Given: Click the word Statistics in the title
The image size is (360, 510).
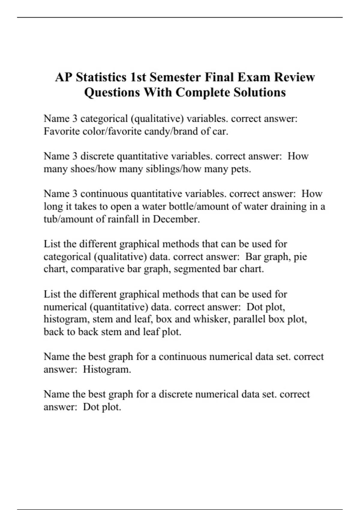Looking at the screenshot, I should click(x=101, y=77).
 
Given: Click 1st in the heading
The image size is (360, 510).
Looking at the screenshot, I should click(x=138, y=77).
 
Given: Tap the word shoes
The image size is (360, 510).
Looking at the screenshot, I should click(x=82, y=169).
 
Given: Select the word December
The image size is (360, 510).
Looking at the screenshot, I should click(x=176, y=219).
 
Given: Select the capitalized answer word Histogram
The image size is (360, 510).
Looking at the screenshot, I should click(x=107, y=369).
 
